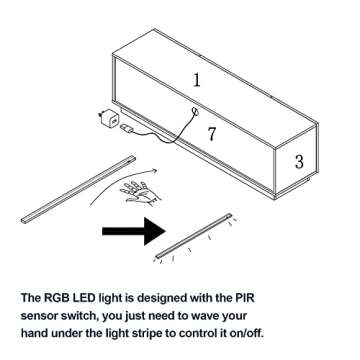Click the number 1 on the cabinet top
point(197,80)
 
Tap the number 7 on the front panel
point(212,134)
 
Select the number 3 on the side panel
point(299,162)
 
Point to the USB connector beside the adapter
point(126,128)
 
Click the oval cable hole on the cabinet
point(194,111)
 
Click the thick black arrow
point(134,231)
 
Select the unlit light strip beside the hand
point(78,189)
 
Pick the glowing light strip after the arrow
point(193,236)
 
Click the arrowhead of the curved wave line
point(155,170)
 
